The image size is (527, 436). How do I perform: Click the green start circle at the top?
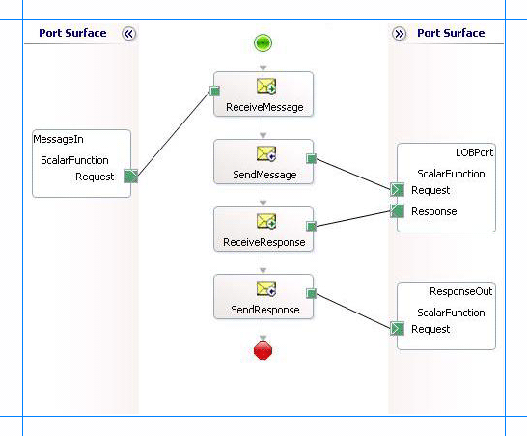point(263,42)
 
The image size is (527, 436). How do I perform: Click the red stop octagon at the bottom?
point(263,351)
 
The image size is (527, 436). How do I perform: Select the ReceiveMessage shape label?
point(263,107)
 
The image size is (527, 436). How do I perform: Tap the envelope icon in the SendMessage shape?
point(266,154)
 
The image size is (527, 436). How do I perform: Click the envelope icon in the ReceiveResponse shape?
point(266,223)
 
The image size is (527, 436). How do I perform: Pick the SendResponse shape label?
point(263,310)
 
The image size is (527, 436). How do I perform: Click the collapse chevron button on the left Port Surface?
point(129,33)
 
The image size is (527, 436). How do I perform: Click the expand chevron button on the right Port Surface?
point(400,33)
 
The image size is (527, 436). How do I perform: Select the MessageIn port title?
point(52,140)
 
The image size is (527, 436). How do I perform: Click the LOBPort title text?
point(474,152)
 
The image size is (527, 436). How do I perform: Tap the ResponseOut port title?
point(461,290)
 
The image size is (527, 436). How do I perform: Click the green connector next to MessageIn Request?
point(131,176)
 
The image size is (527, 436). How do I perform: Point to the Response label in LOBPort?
point(433,211)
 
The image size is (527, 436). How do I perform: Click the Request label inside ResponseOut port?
point(430,329)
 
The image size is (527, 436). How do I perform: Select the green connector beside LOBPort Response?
point(397,211)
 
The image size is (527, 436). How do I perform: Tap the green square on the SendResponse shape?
point(311,293)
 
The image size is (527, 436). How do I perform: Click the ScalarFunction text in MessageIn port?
point(74,160)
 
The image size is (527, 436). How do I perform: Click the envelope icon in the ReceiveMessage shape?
point(266,87)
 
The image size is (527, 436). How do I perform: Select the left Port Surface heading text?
point(72,33)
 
